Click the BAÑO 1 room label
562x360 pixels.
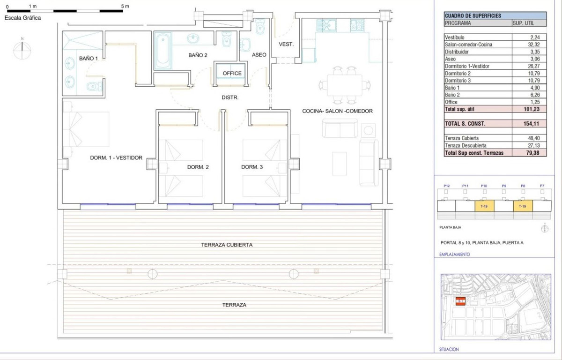[x=89, y=59]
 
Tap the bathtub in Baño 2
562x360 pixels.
[x=163, y=50]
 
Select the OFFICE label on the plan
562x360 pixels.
[x=232, y=73]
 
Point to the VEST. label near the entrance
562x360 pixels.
[x=286, y=44]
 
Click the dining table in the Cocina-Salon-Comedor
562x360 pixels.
[x=345, y=85]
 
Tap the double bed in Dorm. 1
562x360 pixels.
[x=86, y=129]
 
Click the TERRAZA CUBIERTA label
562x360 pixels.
[x=227, y=245]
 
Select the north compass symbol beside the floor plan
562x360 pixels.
[x=22, y=50]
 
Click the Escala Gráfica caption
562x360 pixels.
[x=22, y=18]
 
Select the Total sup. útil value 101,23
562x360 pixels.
[x=532, y=109]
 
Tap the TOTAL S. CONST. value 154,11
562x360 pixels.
[x=531, y=123]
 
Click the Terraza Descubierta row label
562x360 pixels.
[x=466, y=146]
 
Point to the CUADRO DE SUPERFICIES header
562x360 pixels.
[x=473, y=16]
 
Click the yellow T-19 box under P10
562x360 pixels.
[x=484, y=206]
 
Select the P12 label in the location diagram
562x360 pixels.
[x=447, y=186]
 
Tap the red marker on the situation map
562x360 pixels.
[x=460, y=301]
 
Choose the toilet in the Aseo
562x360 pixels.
[x=260, y=27]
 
